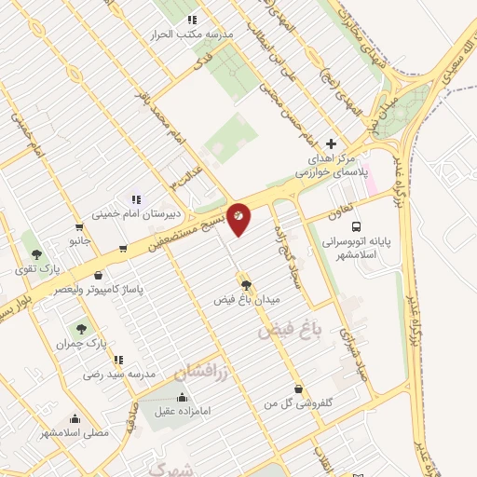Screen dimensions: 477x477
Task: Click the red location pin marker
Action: tap(239, 217)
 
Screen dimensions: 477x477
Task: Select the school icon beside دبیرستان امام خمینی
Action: tap(135, 198)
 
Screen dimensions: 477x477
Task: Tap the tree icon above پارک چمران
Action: tap(81, 328)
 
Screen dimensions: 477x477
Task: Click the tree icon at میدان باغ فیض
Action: tap(246, 286)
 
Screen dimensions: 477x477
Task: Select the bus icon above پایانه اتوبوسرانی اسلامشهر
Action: tap(355, 226)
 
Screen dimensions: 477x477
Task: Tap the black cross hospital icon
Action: tap(333, 143)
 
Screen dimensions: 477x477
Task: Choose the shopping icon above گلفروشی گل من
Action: tap(297, 388)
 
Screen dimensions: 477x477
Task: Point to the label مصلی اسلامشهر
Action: tap(75, 433)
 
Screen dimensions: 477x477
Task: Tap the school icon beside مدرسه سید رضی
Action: tap(117, 359)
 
